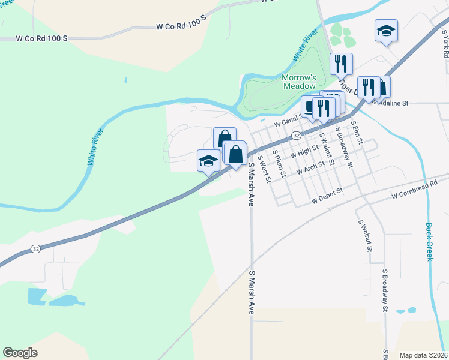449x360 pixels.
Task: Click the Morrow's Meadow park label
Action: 299,82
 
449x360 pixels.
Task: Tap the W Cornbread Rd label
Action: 419,193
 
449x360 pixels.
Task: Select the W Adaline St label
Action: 390,103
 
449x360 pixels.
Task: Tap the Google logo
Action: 20,353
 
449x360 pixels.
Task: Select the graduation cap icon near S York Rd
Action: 386,31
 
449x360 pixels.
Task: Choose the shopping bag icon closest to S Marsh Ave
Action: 236,154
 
